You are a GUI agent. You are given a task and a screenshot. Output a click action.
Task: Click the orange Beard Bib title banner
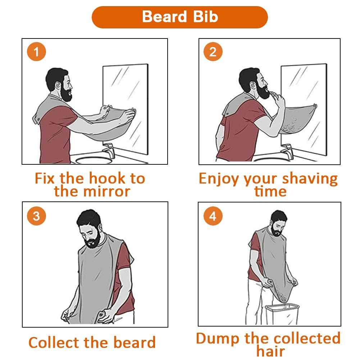tap(180, 17)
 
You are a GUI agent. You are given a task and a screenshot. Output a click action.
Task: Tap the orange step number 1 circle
tap(36, 52)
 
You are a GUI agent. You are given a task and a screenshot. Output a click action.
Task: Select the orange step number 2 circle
tap(213, 52)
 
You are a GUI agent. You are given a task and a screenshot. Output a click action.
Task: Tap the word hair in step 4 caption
tap(270, 351)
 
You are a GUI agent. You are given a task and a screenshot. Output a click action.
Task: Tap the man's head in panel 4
tap(278, 221)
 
